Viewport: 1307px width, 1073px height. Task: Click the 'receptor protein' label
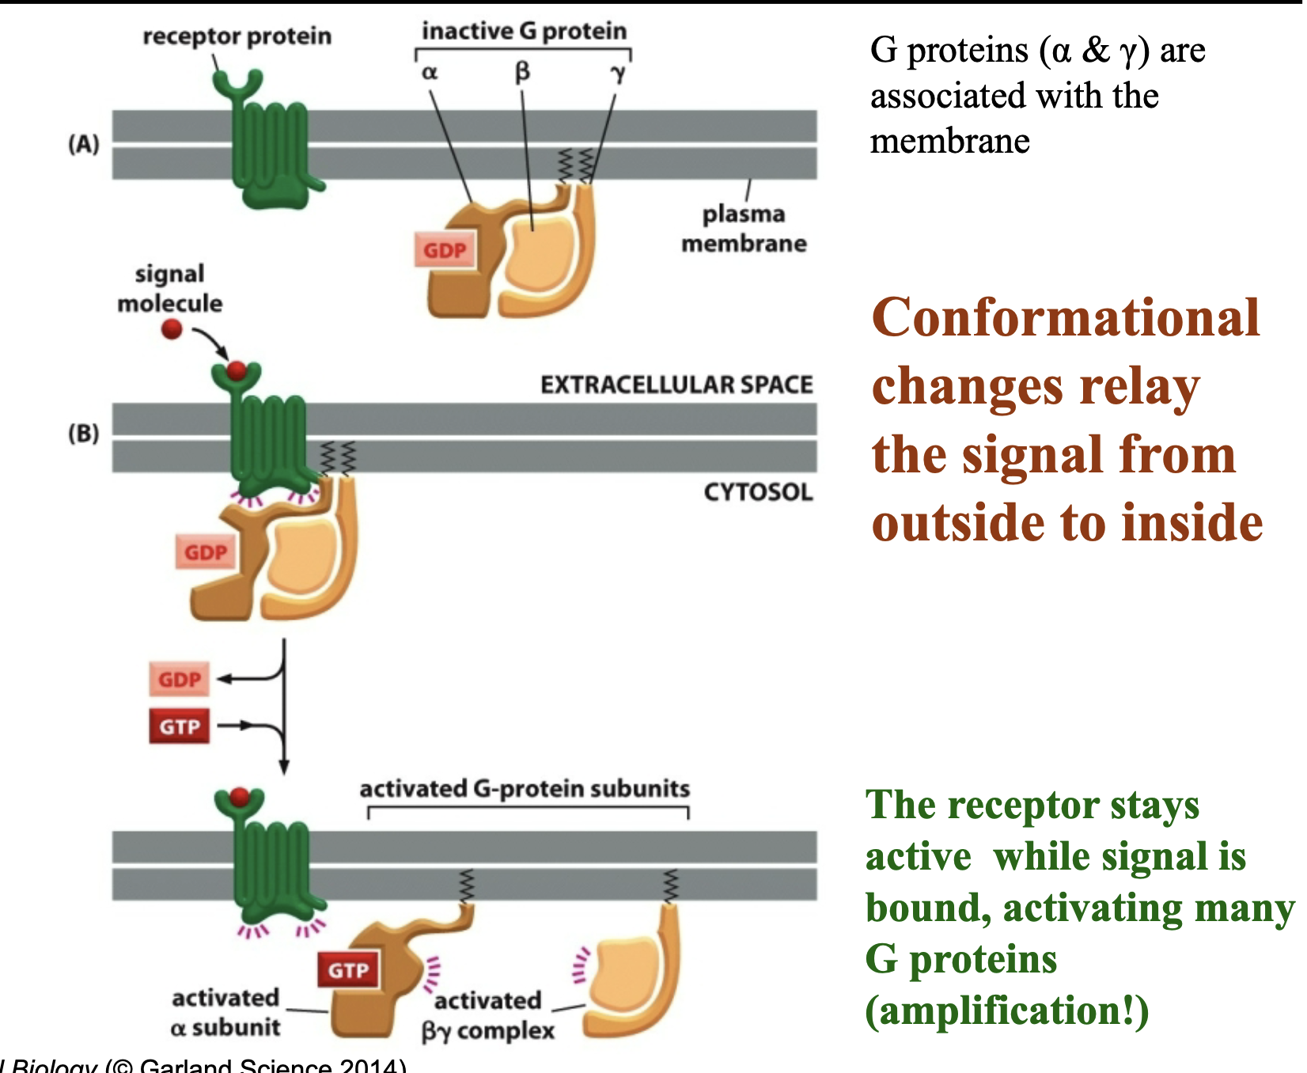[237, 36]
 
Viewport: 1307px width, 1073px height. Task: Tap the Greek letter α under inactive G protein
[429, 73]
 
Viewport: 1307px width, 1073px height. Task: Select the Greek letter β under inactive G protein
[522, 72]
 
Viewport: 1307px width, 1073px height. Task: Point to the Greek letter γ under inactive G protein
[618, 73]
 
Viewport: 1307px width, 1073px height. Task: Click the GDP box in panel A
[445, 251]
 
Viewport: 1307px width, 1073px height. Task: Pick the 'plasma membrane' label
[744, 229]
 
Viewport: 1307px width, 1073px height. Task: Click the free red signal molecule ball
[172, 329]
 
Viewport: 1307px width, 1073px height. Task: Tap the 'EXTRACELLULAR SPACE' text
[676, 385]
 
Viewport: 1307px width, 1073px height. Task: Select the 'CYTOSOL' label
[758, 492]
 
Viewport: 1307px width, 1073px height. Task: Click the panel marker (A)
[84, 144]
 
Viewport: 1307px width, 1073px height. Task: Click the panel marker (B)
[84, 434]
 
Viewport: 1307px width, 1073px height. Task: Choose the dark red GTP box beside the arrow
[180, 726]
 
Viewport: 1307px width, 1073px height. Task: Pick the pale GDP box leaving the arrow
[180, 680]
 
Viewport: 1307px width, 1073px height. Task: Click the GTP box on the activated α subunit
[348, 970]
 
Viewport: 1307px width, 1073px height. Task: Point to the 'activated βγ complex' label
[487, 1015]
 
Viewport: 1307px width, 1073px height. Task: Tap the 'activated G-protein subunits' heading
[525, 789]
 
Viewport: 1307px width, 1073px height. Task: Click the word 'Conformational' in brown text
[1065, 318]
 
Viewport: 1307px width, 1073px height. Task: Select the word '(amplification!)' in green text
[1006, 1010]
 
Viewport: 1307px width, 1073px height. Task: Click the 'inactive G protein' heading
[524, 31]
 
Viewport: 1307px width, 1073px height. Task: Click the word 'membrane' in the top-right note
[949, 142]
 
